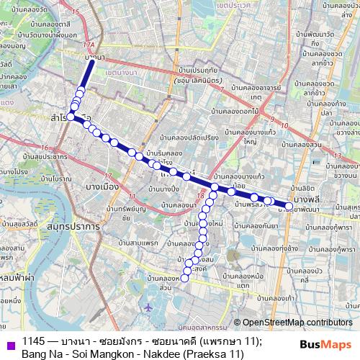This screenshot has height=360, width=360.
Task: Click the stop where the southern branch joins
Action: coord(215,187)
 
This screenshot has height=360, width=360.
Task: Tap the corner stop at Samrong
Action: coord(71,117)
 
